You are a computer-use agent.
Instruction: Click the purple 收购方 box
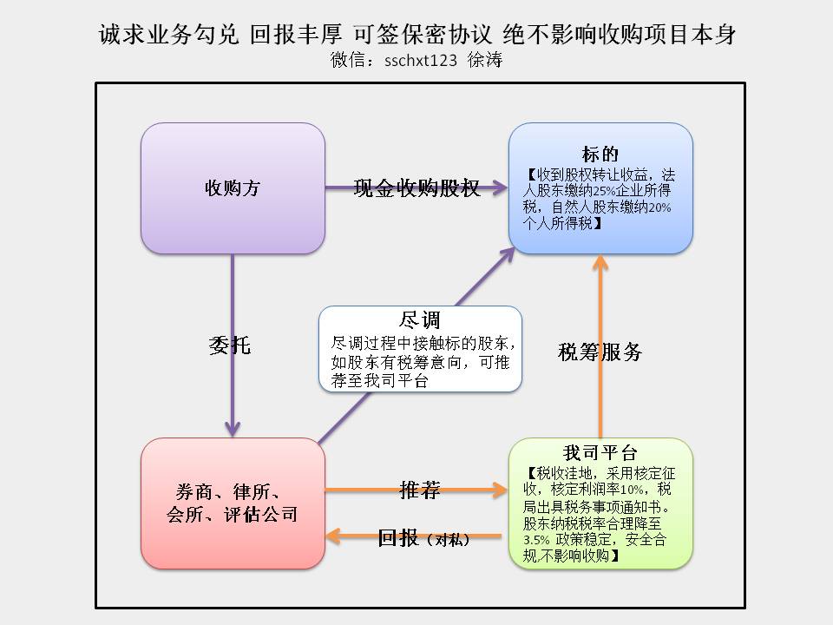click(233, 188)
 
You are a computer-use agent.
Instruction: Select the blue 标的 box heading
click(600, 155)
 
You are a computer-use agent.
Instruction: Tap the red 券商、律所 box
click(233, 503)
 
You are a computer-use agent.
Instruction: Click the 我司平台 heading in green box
click(600, 453)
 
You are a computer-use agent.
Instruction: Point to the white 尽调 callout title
click(420, 320)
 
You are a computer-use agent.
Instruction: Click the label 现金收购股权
click(416, 188)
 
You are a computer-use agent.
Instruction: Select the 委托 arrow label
click(229, 345)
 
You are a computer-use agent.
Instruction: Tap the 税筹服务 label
click(600, 352)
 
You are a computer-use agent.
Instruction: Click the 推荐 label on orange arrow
click(420, 490)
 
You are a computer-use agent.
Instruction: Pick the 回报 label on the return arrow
click(398, 538)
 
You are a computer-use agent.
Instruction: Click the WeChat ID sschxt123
click(421, 60)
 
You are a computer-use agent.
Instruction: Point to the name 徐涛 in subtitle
click(485, 60)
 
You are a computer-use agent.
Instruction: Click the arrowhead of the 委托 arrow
click(233, 431)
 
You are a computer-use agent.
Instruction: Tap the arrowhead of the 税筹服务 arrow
click(600, 262)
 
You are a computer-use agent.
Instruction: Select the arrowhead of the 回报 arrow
click(332, 536)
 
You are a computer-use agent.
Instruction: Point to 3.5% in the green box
click(536, 540)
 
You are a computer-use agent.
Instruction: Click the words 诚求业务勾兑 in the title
click(169, 34)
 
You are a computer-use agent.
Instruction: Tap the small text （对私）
click(449, 540)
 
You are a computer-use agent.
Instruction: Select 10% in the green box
click(632, 490)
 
